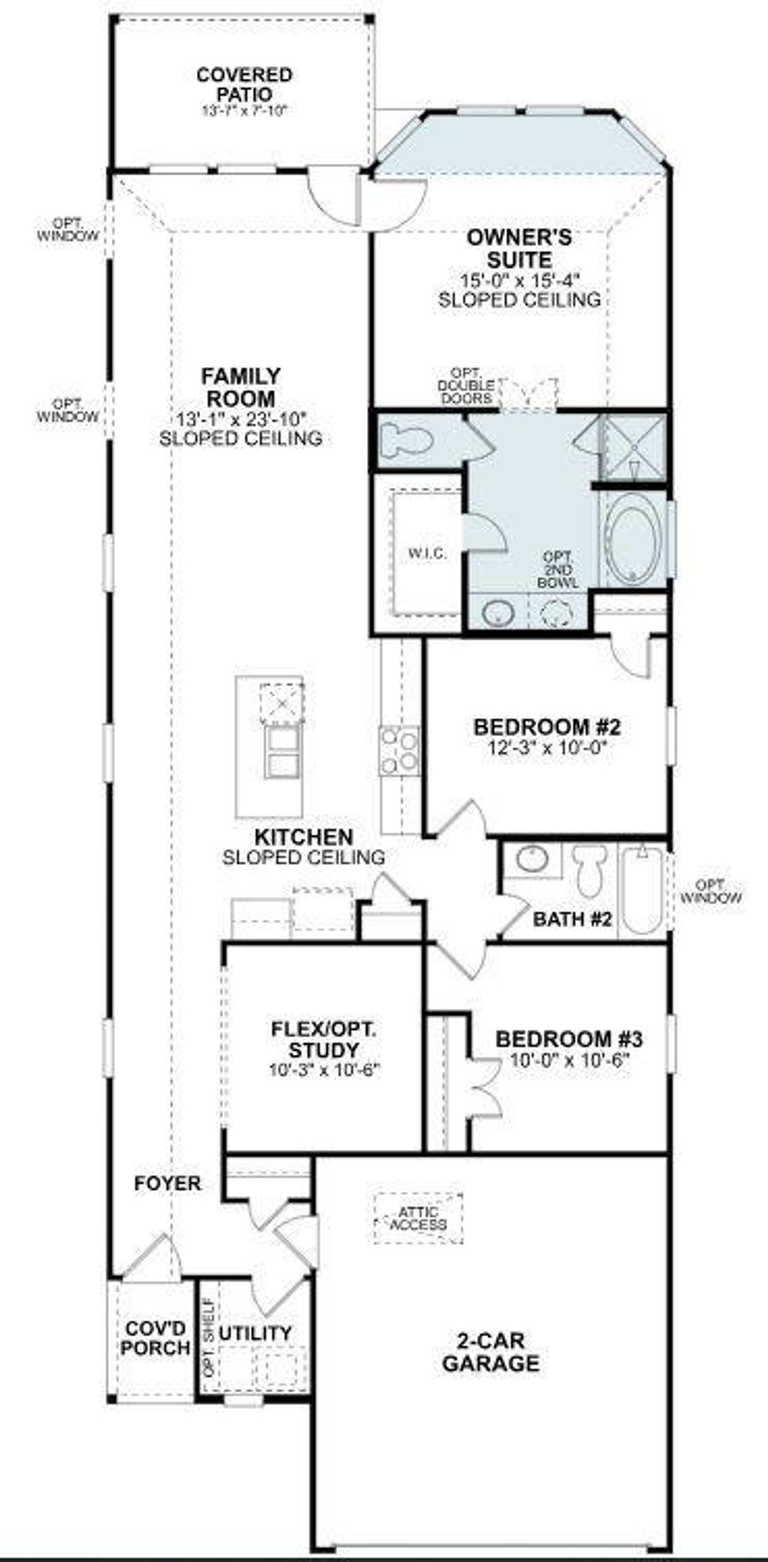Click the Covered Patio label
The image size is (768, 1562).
pyautogui.click(x=244, y=85)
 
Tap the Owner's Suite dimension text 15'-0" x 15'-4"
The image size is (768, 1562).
pyautogui.click(x=520, y=281)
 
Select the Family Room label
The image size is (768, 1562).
pyautogui.click(x=241, y=387)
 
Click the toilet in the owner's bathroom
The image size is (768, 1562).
pyautogui.click(x=407, y=439)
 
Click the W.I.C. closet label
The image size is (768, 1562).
pyautogui.click(x=427, y=553)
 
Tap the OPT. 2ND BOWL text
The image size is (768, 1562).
pyautogui.click(x=557, y=569)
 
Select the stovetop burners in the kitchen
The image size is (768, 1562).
pyautogui.click(x=400, y=750)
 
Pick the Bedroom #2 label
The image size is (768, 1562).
pyautogui.click(x=547, y=726)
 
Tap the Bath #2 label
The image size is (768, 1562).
pyautogui.click(x=572, y=919)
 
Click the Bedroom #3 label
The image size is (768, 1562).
pyautogui.click(x=569, y=1039)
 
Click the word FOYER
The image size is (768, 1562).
pyautogui.click(x=167, y=1183)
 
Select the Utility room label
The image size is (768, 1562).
pyautogui.click(x=254, y=1333)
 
